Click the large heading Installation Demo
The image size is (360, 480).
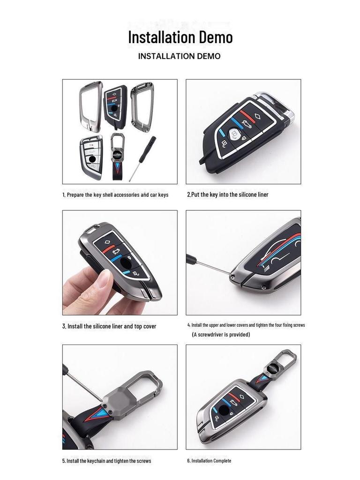click(x=180, y=37)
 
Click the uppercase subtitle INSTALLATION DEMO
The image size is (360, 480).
click(x=179, y=56)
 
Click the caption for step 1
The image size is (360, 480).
click(x=115, y=195)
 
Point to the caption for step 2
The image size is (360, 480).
click(x=228, y=195)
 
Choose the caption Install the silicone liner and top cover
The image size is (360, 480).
click(x=109, y=326)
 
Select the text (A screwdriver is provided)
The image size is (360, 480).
click(x=221, y=335)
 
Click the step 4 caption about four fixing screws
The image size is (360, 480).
click(x=246, y=325)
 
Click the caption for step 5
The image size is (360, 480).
click(x=106, y=461)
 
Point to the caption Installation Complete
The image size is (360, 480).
click(x=209, y=461)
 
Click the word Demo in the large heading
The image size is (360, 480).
click(x=214, y=37)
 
